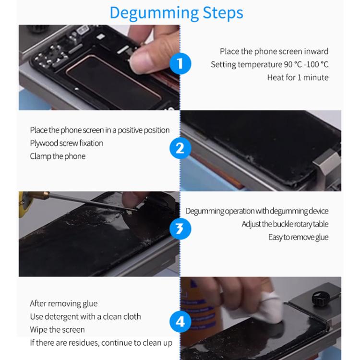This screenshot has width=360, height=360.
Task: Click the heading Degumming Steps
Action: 176,13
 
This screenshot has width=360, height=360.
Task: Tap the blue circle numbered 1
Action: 180,63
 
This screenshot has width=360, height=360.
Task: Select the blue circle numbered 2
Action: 180,148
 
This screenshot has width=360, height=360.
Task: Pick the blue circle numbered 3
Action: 180,228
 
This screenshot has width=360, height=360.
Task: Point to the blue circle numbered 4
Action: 180,322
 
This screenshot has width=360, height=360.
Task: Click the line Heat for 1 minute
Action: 298,78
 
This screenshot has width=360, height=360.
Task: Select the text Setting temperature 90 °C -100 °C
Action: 270,64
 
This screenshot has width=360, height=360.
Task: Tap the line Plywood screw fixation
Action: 67,143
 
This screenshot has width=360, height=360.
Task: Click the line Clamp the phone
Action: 58,156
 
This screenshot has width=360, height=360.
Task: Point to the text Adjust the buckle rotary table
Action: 285,224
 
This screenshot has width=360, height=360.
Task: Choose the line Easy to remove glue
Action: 299,238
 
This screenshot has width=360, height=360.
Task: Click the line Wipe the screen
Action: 58,330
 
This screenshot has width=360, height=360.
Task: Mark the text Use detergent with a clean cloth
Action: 85,317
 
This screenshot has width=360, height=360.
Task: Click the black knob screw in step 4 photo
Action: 321,298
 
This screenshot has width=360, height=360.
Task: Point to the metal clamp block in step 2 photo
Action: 326,165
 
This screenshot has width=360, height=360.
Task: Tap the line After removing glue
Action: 64,303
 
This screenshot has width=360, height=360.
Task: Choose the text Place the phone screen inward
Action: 274,51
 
